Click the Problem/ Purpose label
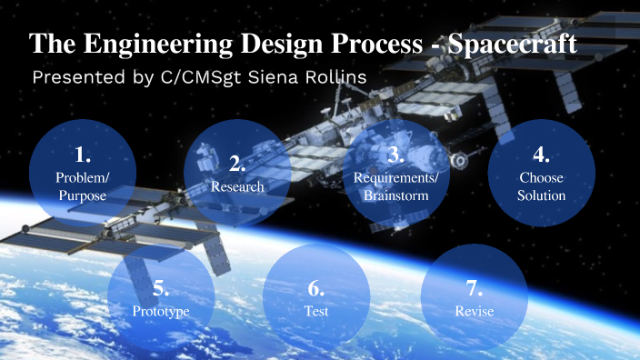[x=82, y=185]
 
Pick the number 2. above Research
[x=237, y=165]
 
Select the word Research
[x=237, y=186]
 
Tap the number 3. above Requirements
[x=395, y=153]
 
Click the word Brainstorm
[x=395, y=195]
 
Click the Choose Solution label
[x=542, y=185]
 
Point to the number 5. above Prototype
[x=161, y=289]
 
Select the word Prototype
[x=161, y=311]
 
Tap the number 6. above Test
[x=315, y=289]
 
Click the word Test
[x=315, y=311]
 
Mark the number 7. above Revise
[x=474, y=289]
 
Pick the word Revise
[x=474, y=311]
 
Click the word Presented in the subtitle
[x=75, y=77]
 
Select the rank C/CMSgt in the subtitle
[x=192, y=77]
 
